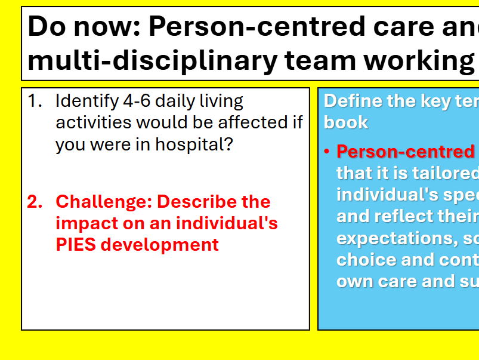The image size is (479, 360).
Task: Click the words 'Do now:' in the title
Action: (84, 26)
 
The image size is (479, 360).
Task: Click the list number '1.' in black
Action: (35, 101)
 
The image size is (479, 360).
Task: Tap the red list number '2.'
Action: (35, 202)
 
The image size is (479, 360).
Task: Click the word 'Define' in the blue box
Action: (353, 101)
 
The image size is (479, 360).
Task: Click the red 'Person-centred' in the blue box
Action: (405, 152)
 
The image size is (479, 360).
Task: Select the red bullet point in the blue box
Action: (327, 152)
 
